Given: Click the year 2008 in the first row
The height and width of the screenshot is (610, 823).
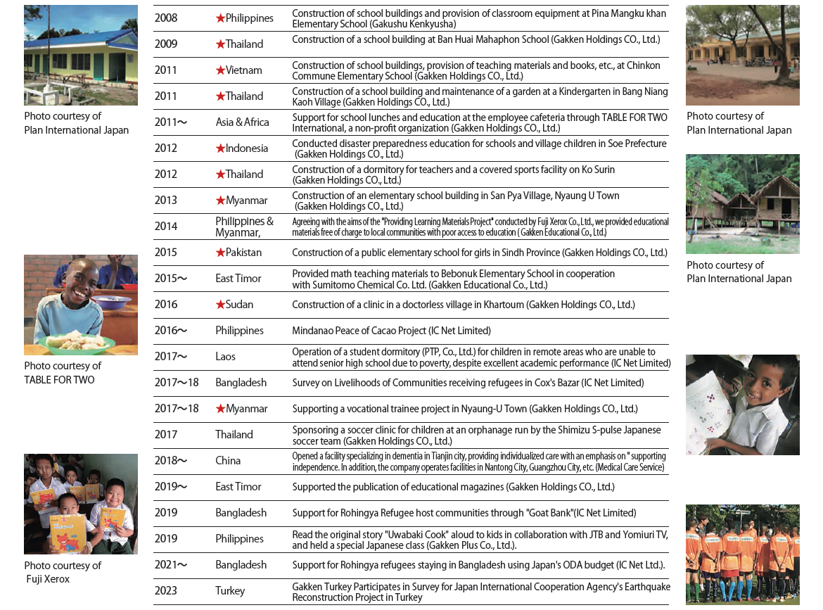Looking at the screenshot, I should tap(166, 18).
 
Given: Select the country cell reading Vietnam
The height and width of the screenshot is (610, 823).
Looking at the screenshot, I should tap(243, 70).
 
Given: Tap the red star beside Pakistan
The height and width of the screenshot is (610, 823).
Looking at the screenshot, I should tap(220, 253).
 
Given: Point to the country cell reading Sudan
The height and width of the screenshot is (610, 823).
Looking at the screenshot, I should tap(239, 305).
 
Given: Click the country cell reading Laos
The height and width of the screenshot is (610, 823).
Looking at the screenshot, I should tap(226, 357).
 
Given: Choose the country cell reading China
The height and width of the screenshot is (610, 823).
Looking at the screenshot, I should tap(228, 461).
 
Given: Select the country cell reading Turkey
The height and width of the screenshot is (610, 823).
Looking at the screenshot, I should tap(230, 591).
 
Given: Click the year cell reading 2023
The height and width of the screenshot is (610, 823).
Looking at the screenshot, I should tap(166, 591).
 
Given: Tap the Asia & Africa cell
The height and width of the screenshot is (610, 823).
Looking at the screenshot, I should tap(243, 122).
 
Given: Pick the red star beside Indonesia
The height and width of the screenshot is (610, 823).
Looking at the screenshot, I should tap(220, 148).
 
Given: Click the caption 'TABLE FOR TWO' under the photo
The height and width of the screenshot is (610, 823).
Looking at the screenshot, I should tap(59, 380).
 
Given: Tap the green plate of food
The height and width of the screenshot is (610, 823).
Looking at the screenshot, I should tap(76, 343).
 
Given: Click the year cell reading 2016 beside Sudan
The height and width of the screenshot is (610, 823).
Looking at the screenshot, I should tap(166, 305).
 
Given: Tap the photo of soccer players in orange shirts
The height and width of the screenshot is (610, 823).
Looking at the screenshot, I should tap(742, 554).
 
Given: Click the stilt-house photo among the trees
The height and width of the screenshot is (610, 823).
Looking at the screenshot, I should tap(742, 204).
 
